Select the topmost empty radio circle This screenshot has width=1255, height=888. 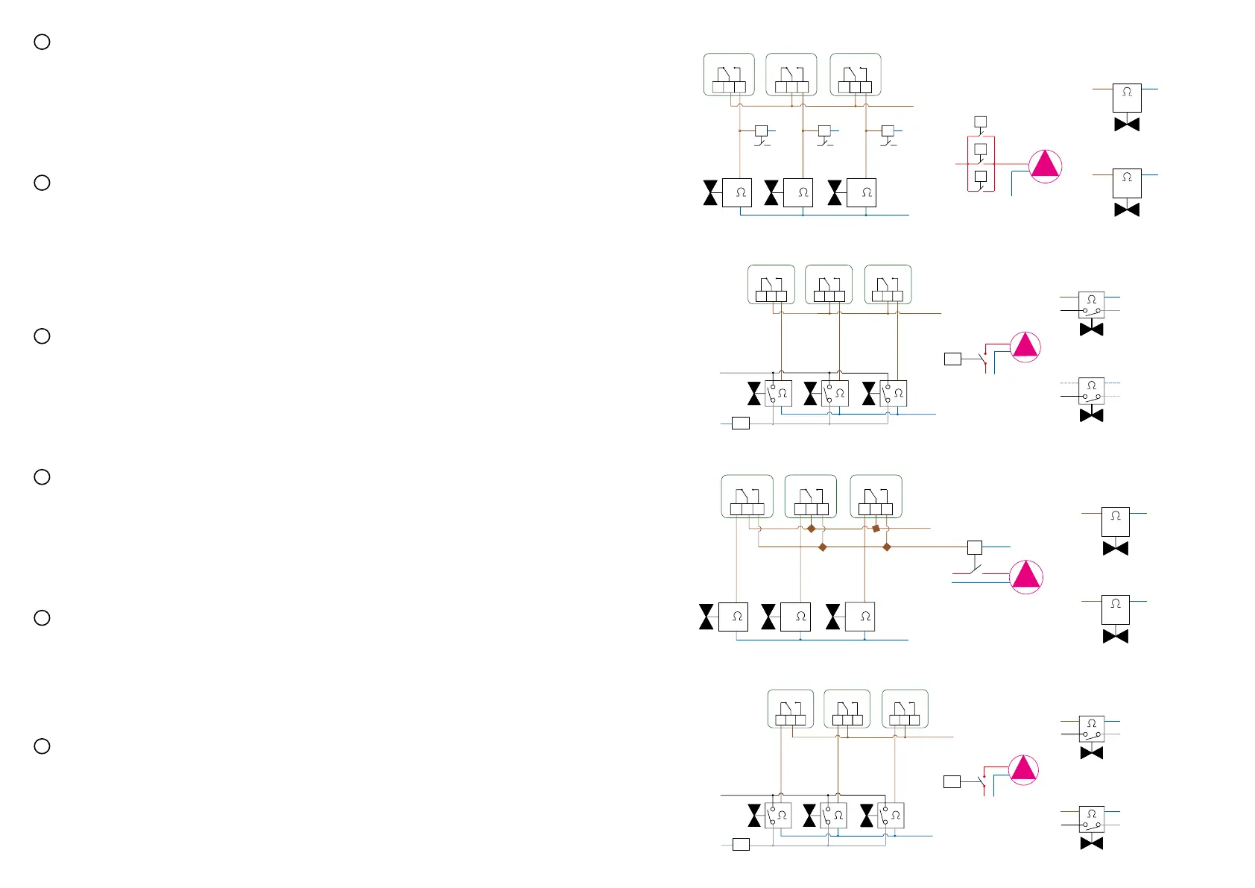pyautogui.click(x=42, y=42)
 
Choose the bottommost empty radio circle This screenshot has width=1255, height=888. pyautogui.click(x=42, y=746)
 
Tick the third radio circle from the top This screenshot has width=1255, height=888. pyautogui.click(x=42, y=336)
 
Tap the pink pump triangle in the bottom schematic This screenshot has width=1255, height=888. pyautogui.click(x=1023, y=769)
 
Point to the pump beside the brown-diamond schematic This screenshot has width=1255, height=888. pyautogui.click(x=1026, y=576)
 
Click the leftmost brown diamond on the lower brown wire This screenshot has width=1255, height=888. pyautogui.click(x=823, y=547)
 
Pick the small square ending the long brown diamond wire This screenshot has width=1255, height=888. pyautogui.click(x=974, y=547)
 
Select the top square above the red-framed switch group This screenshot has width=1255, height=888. pyautogui.click(x=981, y=122)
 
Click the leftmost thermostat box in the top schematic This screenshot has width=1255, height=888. pyautogui.click(x=729, y=75)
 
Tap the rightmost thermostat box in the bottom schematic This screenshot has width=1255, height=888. pyautogui.click(x=905, y=708)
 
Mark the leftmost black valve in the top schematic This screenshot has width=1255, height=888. pyautogui.click(x=711, y=192)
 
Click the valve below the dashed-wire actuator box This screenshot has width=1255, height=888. pyautogui.click(x=1092, y=415)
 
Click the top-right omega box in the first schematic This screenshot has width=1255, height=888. pyautogui.click(x=1127, y=98)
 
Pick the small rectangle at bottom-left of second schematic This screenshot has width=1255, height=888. pyautogui.click(x=741, y=423)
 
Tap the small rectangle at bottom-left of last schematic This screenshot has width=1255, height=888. pyautogui.click(x=741, y=845)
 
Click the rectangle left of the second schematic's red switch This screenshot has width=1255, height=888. pyautogui.click(x=952, y=359)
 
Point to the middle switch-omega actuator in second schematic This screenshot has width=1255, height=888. pyautogui.click(x=835, y=393)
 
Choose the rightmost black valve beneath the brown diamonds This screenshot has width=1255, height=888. pyautogui.click(x=833, y=617)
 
